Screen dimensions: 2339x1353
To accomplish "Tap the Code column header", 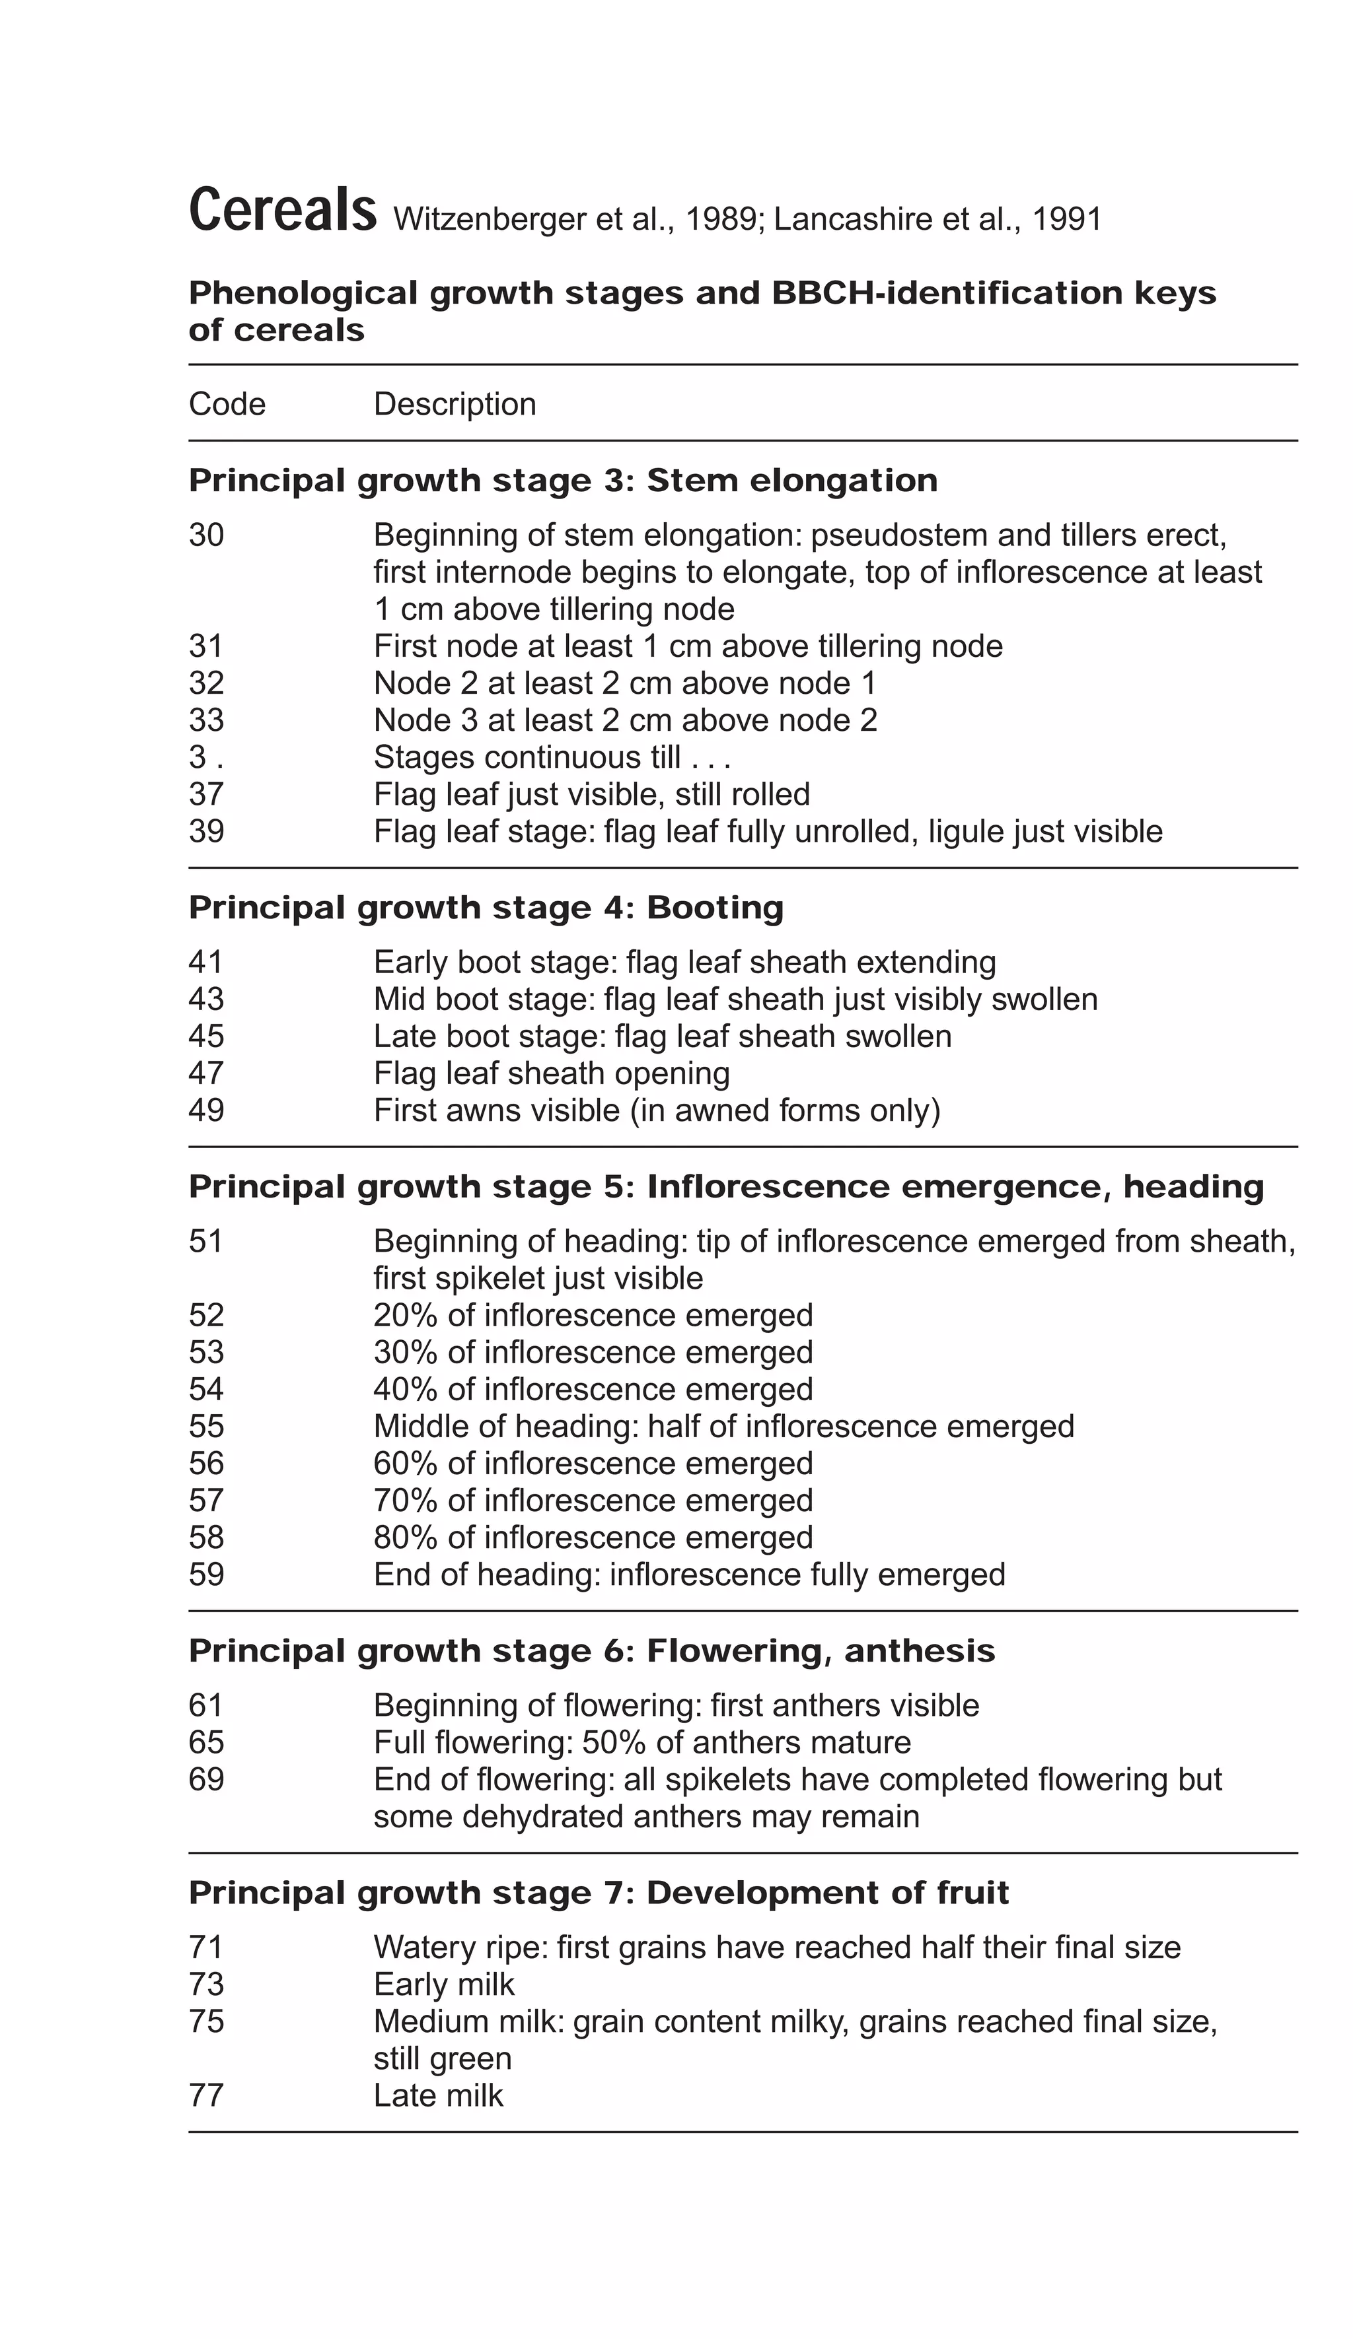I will coord(227,405).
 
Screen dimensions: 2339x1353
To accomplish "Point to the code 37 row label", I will coord(206,794).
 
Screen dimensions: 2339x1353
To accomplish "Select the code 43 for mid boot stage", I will coord(206,1000).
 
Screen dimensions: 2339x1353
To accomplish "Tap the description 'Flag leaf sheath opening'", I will coord(552,1074).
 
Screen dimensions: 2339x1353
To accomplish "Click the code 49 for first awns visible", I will coord(206,1111).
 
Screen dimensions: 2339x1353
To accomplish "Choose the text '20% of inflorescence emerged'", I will coord(593,1316).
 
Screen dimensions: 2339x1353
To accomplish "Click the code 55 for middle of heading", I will coord(206,1427).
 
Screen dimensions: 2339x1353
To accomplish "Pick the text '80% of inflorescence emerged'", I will coord(593,1538).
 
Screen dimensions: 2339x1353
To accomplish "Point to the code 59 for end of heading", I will coord(206,1575).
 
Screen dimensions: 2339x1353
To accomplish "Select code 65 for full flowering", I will coord(206,1743).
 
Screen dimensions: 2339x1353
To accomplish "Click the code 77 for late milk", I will coord(206,2096).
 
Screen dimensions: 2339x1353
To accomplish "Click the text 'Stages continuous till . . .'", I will coord(552,759).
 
